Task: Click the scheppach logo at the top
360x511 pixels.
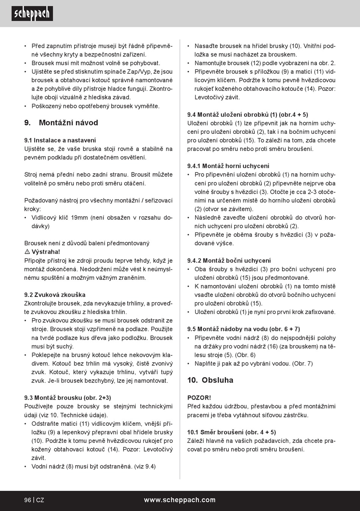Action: pos(32,14)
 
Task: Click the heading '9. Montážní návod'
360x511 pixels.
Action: pos(61,123)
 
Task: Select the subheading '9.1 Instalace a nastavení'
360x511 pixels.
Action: pos(60,140)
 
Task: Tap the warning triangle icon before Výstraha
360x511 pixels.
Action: pos(27,252)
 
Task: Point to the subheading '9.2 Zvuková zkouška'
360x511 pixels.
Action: pos(55,295)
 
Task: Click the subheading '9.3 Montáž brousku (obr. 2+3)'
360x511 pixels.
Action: pos(67,398)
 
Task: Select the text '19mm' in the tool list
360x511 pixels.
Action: pos(79,218)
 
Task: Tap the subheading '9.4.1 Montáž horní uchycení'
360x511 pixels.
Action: pos(228,166)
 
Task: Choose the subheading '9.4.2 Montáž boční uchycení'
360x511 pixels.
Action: pos(229,260)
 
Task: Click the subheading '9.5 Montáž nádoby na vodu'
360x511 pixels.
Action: pos(243,329)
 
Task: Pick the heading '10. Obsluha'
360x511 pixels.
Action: pos(210,380)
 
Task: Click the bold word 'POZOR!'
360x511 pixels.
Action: pos(199,398)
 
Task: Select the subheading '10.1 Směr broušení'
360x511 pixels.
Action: pos(231,432)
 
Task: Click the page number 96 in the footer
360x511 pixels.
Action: pos(28,500)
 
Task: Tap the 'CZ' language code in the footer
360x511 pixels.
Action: pos(40,500)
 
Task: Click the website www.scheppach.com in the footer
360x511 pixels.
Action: pos(180,500)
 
